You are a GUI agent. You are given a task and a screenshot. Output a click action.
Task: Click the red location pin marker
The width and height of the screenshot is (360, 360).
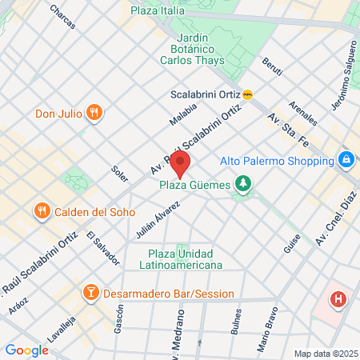[x=180, y=166]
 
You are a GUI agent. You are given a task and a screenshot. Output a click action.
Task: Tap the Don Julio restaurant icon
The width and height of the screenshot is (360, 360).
[x=94, y=113]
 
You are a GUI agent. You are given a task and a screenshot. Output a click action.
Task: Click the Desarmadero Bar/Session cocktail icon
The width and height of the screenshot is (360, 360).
[x=90, y=292]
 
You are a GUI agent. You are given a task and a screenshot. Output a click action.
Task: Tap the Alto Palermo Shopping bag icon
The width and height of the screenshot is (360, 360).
[x=346, y=160]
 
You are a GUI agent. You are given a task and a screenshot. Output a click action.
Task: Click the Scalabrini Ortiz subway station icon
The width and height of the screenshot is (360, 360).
[x=248, y=94]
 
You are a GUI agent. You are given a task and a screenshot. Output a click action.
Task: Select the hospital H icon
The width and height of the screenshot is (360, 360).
[x=339, y=300]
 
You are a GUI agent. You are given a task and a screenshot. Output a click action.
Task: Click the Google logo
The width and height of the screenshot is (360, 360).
[x=26, y=350]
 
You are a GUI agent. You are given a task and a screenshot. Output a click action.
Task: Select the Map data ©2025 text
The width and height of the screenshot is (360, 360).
[x=325, y=354]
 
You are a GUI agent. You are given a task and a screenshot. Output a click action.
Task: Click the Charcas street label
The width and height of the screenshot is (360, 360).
[x=62, y=16]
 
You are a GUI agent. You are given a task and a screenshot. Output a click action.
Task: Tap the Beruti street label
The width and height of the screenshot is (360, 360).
[x=271, y=70]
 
